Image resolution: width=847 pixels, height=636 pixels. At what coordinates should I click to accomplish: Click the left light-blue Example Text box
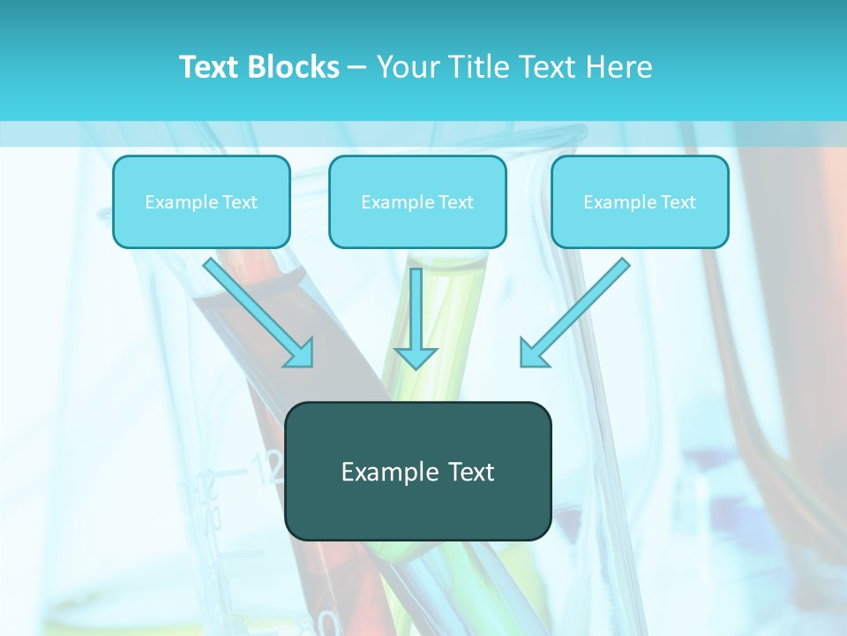pyautogui.click(x=201, y=201)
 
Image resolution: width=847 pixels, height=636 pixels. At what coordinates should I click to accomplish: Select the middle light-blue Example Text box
pyautogui.click(x=417, y=201)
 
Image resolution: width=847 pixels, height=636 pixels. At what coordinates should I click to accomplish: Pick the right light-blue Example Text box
pyautogui.click(x=640, y=201)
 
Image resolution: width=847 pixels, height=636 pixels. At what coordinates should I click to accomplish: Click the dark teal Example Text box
pyautogui.click(x=417, y=472)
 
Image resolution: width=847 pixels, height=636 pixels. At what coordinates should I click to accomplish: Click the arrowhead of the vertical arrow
pyautogui.click(x=416, y=357)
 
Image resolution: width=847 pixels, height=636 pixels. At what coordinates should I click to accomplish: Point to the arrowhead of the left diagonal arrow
pyautogui.click(x=300, y=353)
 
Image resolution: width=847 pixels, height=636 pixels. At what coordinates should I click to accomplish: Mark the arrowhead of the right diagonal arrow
pyautogui.click(x=533, y=353)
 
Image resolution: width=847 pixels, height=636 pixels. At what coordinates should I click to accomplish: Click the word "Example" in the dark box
pyautogui.click(x=390, y=472)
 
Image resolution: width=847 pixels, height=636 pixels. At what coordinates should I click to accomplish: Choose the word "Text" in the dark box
pyautogui.click(x=471, y=472)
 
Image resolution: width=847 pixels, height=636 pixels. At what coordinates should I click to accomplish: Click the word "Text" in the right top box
pyautogui.click(x=678, y=202)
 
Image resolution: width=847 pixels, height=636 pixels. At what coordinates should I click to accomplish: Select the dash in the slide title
pyautogui.click(x=357, y=68)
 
